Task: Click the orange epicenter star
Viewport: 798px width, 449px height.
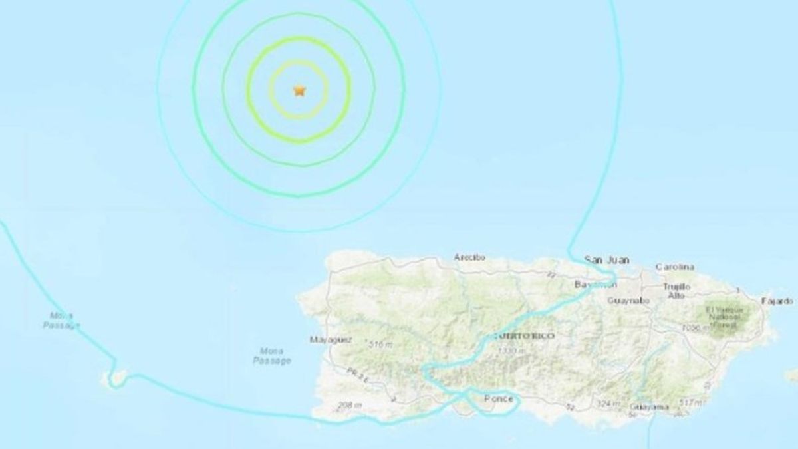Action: [299, 90]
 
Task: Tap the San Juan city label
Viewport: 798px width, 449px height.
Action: [606, 259]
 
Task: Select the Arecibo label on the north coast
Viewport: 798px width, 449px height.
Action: [469, 257]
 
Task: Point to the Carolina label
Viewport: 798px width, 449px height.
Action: [674, 267]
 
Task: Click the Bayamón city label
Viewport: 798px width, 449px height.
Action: [596, 285]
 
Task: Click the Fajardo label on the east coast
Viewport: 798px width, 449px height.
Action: [777, 301]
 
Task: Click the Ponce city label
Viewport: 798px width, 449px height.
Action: [498, 398]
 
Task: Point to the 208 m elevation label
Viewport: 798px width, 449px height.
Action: [348, 406]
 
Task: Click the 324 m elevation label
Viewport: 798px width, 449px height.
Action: [608, 404]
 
